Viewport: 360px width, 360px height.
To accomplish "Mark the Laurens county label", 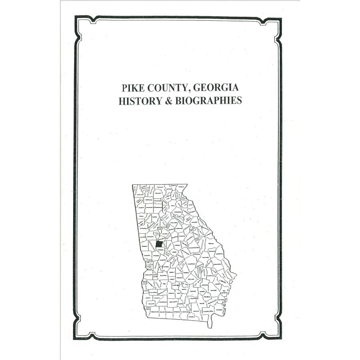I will coord(191,264).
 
